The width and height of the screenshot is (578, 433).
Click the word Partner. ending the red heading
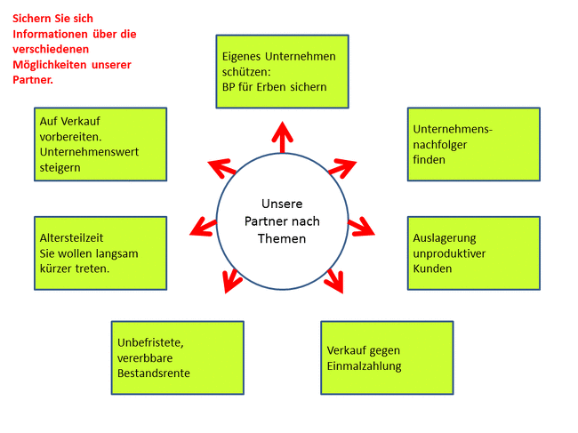tap(33, 80)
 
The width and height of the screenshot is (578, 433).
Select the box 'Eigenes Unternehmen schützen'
tap(282, 72)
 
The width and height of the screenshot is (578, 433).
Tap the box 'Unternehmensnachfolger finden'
tap(473, 144)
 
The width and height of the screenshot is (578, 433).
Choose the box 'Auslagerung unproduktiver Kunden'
tap(473, 253)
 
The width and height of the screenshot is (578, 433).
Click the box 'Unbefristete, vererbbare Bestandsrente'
tap(177, 357)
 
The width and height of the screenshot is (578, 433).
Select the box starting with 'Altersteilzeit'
tap(100, 253)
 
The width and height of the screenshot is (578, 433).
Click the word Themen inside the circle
tap(281, 238)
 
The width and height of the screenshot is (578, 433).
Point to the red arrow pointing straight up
tap(282, 138)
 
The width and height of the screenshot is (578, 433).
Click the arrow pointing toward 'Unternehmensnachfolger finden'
tap(341, 166)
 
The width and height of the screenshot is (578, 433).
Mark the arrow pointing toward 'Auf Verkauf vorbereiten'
tap(221, 166)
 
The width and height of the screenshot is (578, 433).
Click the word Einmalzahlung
tap(364, 366)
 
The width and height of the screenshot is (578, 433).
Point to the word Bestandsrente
tap(154, 373)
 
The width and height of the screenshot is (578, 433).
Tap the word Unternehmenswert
tap(89, 151)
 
